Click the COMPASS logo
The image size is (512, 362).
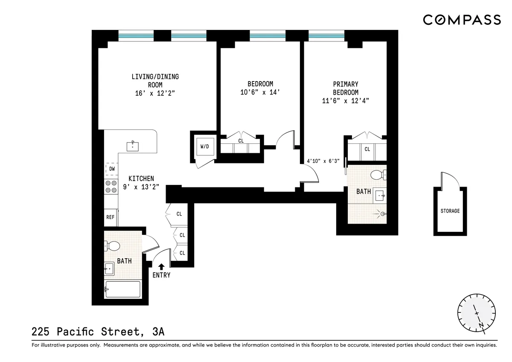tap(462, 20)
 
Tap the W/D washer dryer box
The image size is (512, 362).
tap(205, 147)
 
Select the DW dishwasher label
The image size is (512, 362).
tap(112, 169)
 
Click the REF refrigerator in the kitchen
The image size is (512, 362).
tap(111, 217)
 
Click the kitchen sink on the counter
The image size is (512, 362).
tap(133, 146)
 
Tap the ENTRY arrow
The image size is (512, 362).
tap(161, 267)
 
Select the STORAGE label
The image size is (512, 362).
tap(450, 211)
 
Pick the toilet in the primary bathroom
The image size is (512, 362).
tap(378, 175)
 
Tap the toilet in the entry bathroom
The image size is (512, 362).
tap(112, 246)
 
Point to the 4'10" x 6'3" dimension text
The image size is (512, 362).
tap(323, 161)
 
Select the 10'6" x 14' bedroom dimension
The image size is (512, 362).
tap(260, 92)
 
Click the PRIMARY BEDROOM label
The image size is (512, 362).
tap(346, 88)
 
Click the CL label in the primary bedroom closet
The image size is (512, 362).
tap(367, 149)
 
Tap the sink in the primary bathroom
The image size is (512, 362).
tap(380, 195)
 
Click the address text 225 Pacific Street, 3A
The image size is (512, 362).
tap(98, 332)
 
